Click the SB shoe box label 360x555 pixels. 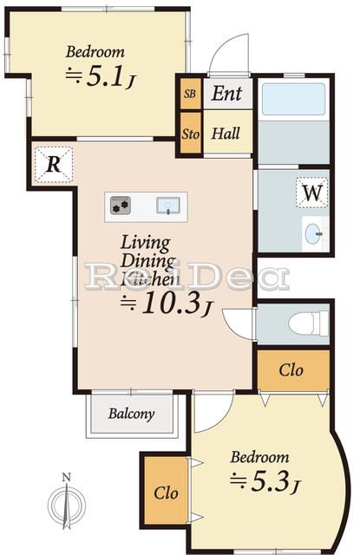190,94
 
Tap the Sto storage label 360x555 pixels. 191,134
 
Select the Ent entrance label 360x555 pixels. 227,94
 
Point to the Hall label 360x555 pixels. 226,134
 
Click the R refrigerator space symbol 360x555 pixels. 54,165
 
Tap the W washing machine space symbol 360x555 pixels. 312,193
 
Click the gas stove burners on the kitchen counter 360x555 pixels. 121,206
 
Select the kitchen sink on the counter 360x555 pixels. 168,206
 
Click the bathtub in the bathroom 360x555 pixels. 293,99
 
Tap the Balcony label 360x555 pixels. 131,414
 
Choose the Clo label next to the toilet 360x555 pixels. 291,370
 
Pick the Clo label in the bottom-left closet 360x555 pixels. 166,493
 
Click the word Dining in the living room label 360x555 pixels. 147,261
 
